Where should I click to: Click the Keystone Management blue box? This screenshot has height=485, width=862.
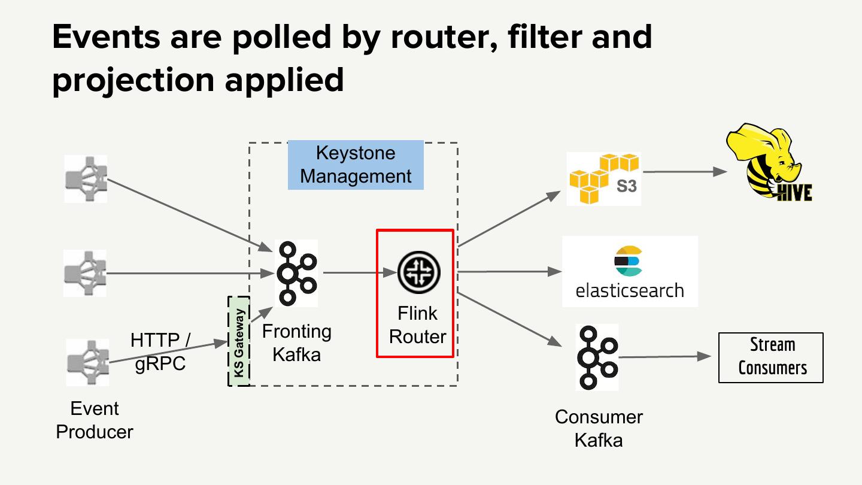coord(356,165)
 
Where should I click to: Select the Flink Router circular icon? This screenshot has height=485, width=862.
coord(418,272)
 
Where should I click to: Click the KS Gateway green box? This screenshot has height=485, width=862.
coord(239,341)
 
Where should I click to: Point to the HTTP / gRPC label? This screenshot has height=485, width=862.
coord(160,352)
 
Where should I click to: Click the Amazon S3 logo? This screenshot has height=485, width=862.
coord(603,178)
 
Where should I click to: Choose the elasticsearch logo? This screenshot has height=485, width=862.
coord(630,271)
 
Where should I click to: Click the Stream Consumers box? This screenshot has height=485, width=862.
coord(771,357)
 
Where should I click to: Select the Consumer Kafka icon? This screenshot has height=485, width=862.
coord(597,357)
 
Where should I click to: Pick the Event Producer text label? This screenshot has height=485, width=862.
coord(95,420)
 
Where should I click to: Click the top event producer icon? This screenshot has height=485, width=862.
coord(86,178)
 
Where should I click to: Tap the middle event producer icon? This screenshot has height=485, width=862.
coord(85,273)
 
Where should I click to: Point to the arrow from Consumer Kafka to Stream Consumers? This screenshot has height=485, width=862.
coord(667,357)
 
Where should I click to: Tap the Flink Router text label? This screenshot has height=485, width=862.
coord(417,325)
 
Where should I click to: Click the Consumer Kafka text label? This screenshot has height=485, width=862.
coord(599,429)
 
